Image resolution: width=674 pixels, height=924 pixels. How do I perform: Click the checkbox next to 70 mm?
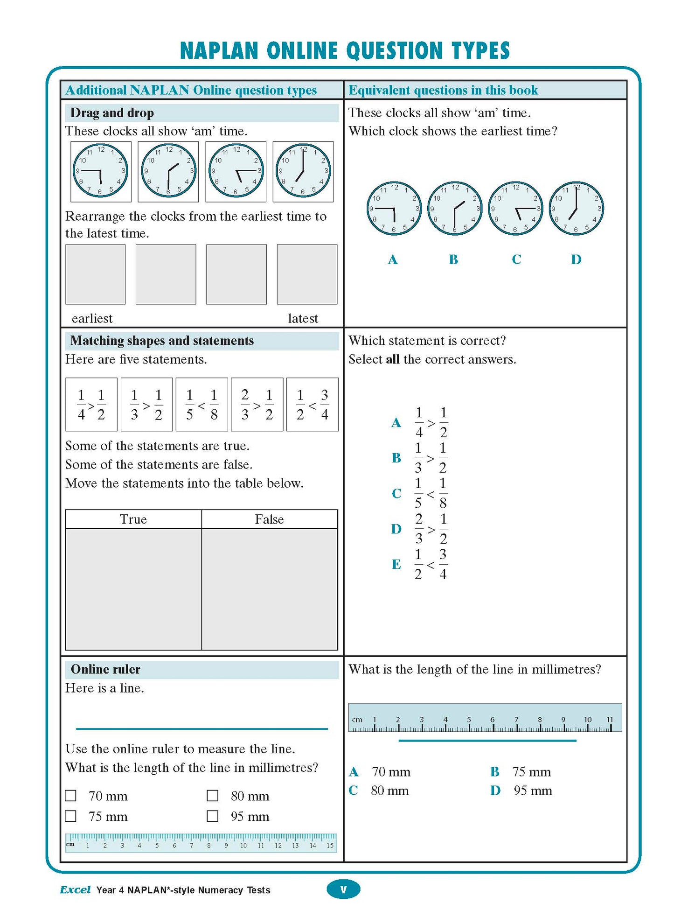click(x=71, y=795)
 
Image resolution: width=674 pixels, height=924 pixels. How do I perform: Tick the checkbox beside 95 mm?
click(x=213, y=816)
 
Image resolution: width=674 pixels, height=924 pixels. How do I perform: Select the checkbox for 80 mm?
click(x=213, y=795)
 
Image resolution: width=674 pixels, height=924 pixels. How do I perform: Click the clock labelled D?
click(x=576, y=208)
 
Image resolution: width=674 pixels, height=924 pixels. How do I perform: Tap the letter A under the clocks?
click(x=393, y=259)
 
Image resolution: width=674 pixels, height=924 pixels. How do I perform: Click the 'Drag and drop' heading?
click(x=112, y=113)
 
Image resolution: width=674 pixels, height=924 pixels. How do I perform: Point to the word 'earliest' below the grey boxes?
click(x=92, y=318)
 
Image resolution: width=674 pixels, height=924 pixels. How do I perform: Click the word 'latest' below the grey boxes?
click(x=303, y=318)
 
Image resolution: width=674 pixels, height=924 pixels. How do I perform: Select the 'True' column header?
click(x=133, y=519)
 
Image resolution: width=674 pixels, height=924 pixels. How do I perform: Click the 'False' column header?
click(x=269, y=519)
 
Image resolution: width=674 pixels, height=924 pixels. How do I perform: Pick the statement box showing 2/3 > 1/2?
click(x=257, y=404)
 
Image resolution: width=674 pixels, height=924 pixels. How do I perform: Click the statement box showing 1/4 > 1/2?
click(x=91, y=404)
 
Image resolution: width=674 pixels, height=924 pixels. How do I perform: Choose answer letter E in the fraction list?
click(x=396, y=564)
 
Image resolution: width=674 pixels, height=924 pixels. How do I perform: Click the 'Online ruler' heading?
click(x=105, y=669)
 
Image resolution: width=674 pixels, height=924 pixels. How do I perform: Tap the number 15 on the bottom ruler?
click(x=330, y=846)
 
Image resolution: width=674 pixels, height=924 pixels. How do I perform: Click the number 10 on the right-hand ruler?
click(x=588, y=720)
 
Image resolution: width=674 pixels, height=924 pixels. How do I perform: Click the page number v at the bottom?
click(x=343, y=889)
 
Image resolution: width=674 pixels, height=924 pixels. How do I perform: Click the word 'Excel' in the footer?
click(x=75, y=889)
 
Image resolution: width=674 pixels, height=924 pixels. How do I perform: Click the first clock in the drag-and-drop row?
click(x=100, y=171)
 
